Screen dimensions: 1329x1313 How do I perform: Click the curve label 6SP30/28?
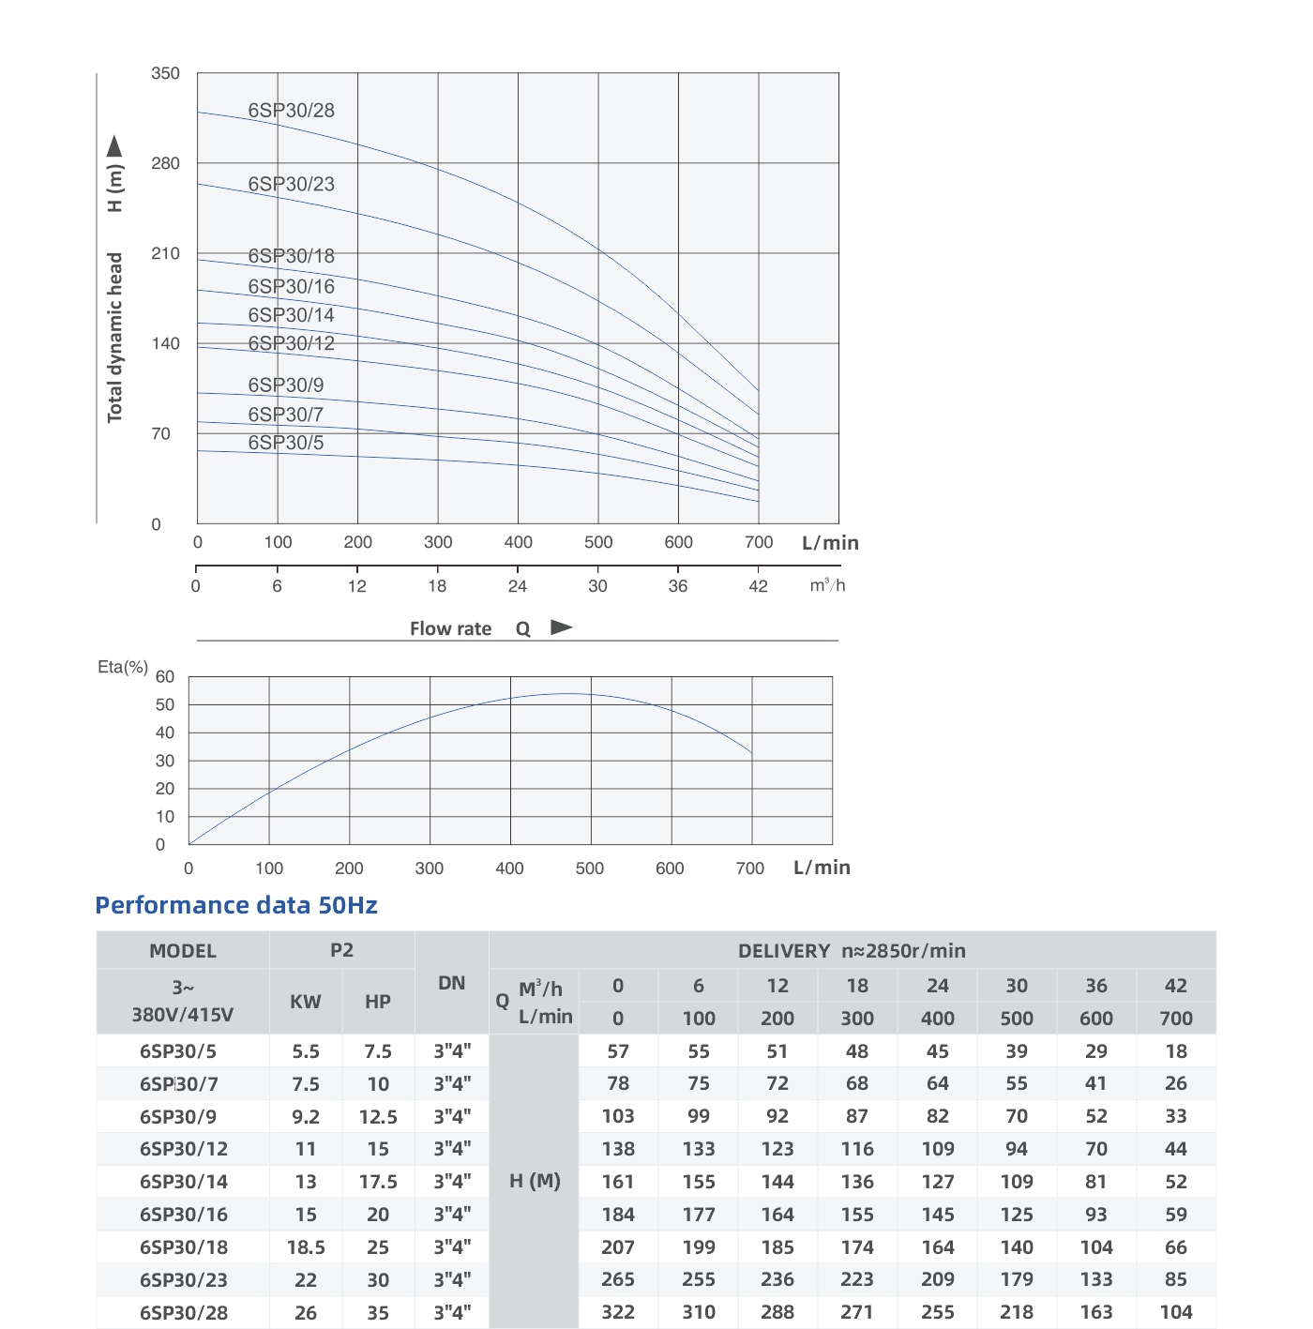(291, 111)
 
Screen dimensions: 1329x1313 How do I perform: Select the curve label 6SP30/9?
(286, 385)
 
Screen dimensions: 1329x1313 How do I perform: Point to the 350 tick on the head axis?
(165, 73)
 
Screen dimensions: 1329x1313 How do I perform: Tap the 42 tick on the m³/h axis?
(758, 586)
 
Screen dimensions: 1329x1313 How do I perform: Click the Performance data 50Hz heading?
(236, 905)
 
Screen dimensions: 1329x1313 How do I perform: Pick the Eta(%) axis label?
(123, 667)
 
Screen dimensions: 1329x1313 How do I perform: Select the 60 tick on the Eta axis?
(165, 676)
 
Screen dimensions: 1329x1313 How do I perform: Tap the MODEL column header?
(183, 951)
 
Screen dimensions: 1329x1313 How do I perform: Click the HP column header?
(378, 1002)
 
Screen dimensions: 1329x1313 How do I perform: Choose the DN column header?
(452, 983)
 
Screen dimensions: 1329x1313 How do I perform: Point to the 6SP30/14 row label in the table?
(184, 1182)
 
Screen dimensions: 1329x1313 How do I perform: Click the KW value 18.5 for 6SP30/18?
(306, 1247)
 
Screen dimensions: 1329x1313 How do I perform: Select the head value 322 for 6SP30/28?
(618, 1313)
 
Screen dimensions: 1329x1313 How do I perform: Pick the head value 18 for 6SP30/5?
(1176, 1051)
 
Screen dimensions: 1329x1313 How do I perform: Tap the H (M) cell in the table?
(535, 1182)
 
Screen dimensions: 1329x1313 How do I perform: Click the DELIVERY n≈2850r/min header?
(852, 951)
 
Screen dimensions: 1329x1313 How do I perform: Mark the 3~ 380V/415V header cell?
(183, 1001)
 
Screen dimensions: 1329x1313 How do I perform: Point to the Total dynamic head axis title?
(115, 338)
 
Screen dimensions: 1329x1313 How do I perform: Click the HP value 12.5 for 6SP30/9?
(378, 1117)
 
